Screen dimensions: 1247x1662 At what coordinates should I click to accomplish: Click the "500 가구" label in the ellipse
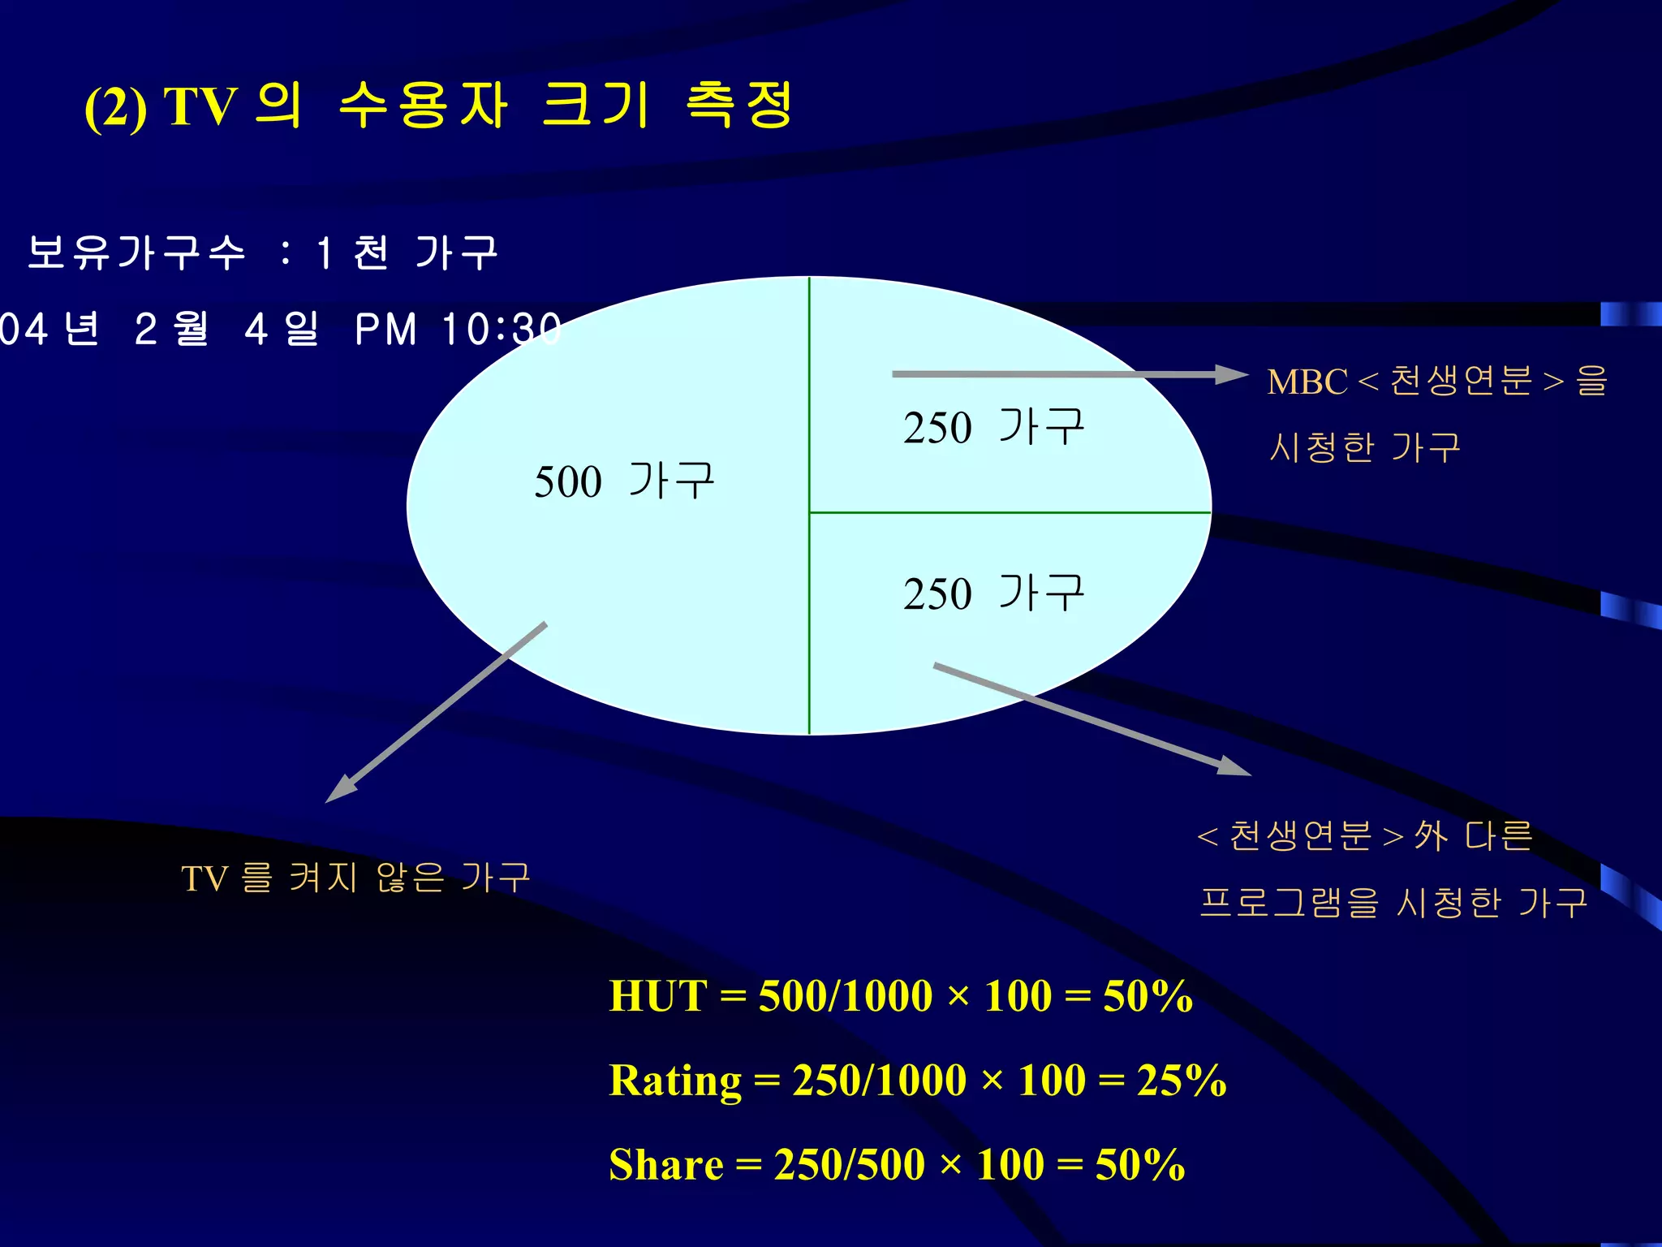point(624,481)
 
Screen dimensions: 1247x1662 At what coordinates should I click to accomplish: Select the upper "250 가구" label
point(993,427)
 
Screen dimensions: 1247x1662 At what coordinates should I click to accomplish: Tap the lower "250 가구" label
point(993,593)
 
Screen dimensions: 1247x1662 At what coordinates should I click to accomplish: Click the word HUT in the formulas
point(658,995)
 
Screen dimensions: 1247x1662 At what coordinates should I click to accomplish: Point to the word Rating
point(675,1081)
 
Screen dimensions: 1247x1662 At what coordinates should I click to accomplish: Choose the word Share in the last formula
point(666,1165)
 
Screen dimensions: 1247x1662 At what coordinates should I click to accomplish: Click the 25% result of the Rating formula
point(1181,1081)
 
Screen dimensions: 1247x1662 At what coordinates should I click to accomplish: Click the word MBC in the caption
point(1307,382)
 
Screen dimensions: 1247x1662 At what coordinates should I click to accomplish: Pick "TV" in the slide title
point(200,106)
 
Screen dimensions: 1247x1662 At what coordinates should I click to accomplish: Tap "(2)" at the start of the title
point(115,108)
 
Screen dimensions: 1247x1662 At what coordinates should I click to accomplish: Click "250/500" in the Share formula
point(849,1165)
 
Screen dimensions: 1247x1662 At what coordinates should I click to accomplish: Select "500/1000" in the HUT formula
point(845,995)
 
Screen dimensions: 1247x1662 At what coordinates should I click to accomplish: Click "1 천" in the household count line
point(353,252)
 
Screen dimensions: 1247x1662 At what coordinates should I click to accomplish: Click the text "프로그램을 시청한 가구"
point(1393,902)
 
